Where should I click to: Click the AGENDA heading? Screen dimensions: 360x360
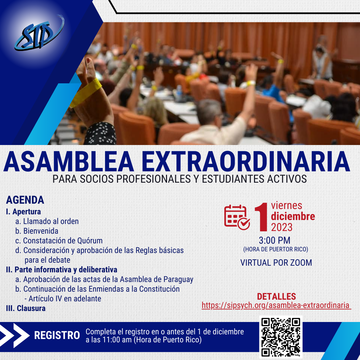pyautogui.click(x=25, y=200)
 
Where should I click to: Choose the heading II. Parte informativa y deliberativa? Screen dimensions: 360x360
pyautogui.click(x=62, y=270)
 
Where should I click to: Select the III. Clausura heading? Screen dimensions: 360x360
pyautogui.click(x=26, y=308)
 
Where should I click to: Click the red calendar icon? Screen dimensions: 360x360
pyautogui.click(x=237, y=217)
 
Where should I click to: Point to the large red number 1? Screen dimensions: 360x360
pyautogui.click(x=262, y=217)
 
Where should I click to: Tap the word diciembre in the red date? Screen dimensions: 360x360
pyautogui.click(x=293, y=216)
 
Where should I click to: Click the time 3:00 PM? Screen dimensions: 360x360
pyautogui.click(x=275, y=240)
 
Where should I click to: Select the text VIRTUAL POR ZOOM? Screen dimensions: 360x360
pyautogui.click(x=276, y=263)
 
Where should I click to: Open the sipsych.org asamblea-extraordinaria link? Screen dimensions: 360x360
pyautogui.click(x=276, y=305)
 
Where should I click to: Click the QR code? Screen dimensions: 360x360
pyautogui.click(x=281, y=337)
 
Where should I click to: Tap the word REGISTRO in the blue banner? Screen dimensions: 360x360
pyautogui.click(x=57, y=335)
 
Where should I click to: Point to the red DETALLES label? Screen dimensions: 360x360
pyautogui.click(x=276, y=296)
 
